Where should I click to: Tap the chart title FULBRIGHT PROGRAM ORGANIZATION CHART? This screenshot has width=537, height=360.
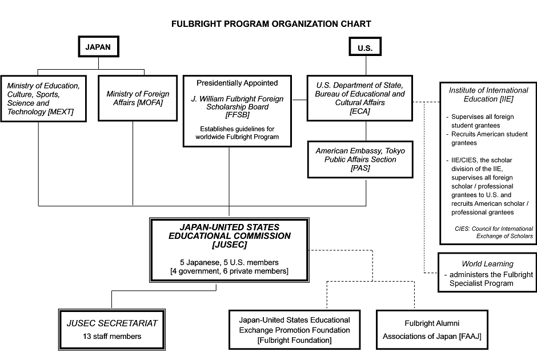(271, 24)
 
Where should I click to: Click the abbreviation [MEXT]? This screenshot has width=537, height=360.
(61, 111)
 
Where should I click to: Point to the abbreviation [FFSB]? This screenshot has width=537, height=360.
(237, 115)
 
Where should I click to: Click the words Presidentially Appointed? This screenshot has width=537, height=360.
(237, 83)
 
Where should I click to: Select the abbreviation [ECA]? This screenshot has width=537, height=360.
(360, 111)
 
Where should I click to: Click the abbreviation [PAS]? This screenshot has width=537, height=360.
(360, 168)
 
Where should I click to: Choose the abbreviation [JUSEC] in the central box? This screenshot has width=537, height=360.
(230, 245)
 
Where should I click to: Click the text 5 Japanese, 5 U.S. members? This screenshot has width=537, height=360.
(230, 262)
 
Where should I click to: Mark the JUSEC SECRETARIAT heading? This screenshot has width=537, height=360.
(112, 323)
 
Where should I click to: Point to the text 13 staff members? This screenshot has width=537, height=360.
(112, 337)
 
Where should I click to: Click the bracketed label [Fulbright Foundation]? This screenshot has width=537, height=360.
(295, 340)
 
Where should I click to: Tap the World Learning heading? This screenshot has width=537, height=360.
(488, 264)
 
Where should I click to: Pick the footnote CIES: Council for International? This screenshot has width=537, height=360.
(494, 229)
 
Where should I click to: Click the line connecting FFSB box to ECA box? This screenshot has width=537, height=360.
(299, 99)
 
